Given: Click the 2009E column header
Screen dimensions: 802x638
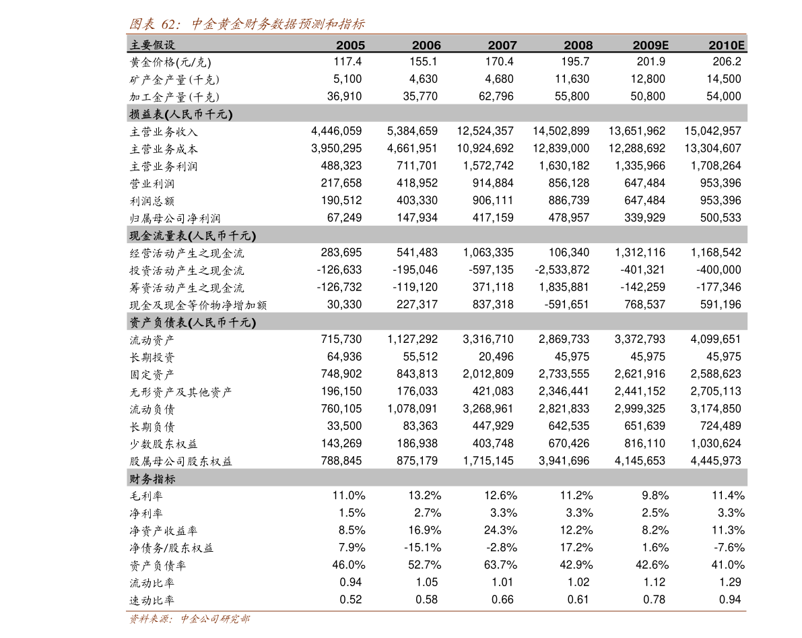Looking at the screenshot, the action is pos(650,45).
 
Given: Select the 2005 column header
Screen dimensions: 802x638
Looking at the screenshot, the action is pos(350,45).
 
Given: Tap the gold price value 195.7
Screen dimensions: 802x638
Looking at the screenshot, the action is pos(575,62).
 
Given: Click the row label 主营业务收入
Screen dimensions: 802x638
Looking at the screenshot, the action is pos(163,132).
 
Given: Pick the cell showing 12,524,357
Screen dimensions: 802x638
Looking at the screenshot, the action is pos(485,131).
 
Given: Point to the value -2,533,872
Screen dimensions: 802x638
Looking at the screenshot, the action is pos(562,269).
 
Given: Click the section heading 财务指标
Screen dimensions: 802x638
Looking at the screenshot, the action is pos(152,479).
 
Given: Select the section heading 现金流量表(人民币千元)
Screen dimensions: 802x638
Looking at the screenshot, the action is pos(193,236).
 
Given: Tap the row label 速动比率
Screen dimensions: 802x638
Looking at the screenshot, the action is pos(152,600).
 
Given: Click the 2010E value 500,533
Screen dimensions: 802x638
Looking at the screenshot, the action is pos(720,218).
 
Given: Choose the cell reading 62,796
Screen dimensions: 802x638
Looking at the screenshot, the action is pos(496,96).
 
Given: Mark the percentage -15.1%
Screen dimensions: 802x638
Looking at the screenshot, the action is pos(422,548).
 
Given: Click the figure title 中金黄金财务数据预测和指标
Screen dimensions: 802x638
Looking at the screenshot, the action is pos(277,24).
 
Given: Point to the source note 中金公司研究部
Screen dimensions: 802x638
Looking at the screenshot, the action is pos(215,619).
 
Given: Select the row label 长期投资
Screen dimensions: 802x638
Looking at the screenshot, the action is pos(152,358).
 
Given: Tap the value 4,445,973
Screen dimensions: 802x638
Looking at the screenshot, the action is pos(716,460).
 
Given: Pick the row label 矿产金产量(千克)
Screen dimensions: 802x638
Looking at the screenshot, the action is pos(174,79).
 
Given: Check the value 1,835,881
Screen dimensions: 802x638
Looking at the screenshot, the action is pos(564,287).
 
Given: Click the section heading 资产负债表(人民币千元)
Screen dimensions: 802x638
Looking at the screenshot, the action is pos(193,322).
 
